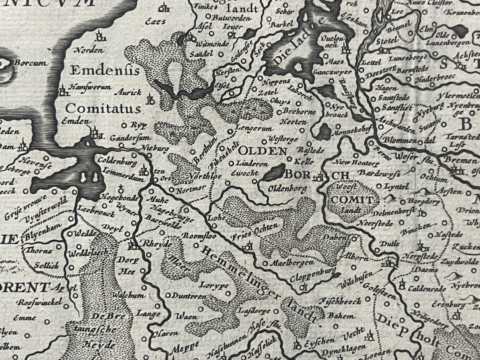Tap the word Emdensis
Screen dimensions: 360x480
105,71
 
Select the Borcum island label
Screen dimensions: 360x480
30,63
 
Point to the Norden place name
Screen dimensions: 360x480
90,50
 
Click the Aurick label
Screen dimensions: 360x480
128,92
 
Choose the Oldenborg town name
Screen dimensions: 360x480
288,188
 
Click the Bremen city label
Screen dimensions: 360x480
463,161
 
